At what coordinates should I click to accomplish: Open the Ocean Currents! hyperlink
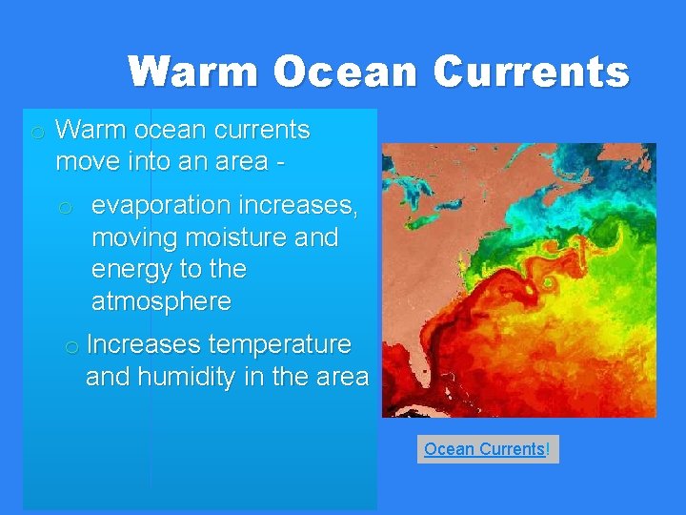click(x=487, y=448)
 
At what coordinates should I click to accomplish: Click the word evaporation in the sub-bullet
click(x=161, y=205)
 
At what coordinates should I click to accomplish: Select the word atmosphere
click(x=161, y=302)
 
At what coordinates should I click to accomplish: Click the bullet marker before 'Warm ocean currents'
click(x=36, y=132)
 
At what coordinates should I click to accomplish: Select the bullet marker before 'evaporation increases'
click(x=66, y=207)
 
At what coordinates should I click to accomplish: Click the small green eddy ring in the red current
click(x=549, y=283)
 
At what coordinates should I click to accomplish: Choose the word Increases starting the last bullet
click(x=142, y=344)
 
